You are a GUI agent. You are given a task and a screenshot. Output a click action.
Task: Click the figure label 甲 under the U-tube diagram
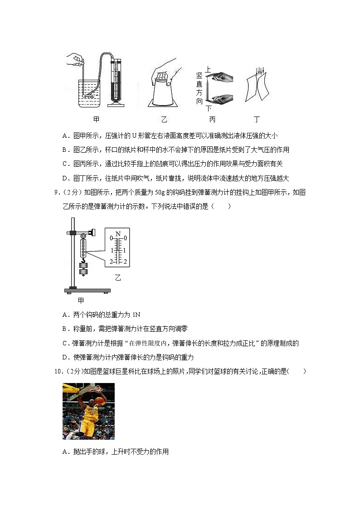(96, 120)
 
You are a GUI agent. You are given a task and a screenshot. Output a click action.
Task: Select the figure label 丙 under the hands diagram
(212, 120)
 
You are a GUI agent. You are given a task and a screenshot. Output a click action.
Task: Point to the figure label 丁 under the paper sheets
(257, 120)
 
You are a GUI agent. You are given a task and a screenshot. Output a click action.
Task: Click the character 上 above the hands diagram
(209, 69)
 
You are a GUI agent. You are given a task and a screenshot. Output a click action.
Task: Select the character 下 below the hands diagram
(209, 108)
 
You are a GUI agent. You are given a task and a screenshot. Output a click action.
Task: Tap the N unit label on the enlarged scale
(118, 234)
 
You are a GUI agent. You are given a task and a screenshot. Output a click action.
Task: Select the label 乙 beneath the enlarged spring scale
(118, 277)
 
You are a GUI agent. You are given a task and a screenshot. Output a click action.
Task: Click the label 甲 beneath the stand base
(81, 300)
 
